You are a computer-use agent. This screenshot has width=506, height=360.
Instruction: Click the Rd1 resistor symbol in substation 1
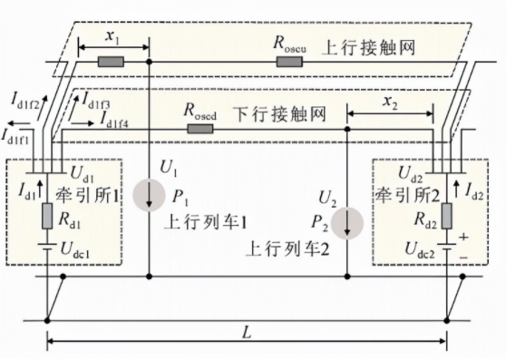pyautogui.click(x=47, y=217)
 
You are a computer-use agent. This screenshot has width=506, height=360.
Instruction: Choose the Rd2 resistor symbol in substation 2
pyautogui.click(x=447, y=217)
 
